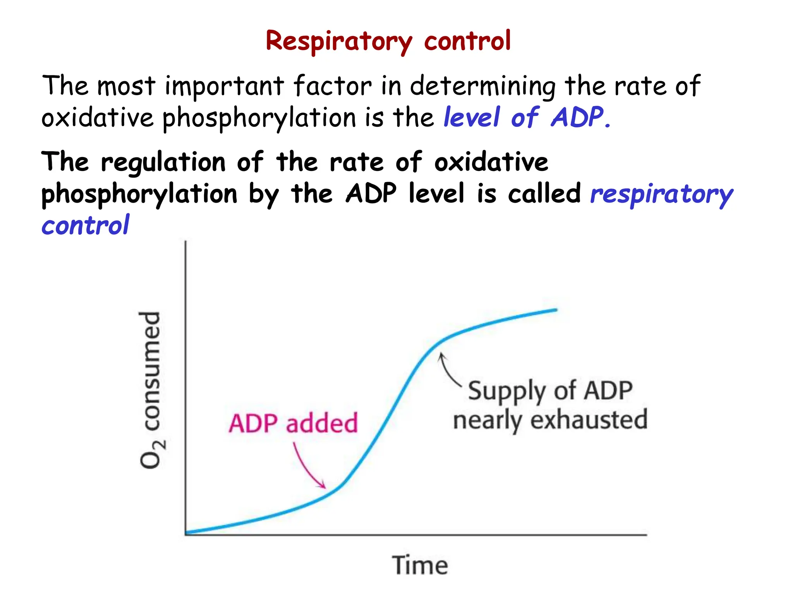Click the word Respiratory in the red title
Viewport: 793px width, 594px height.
[339, 41]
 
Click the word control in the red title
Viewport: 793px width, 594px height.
[467, 41]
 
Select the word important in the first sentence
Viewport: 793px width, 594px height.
[224, 86]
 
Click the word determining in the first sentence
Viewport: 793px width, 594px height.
[482, 86]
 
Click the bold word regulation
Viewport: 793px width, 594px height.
[163, 162]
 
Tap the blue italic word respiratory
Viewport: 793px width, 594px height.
[661, 194]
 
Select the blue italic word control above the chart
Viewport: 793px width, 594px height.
[85, 225]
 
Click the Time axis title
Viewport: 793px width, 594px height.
[420, 565]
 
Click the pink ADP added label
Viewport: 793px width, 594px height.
[293, 423]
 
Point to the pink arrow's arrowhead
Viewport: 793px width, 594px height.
[324, 486]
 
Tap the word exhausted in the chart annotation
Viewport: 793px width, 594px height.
[589, 420]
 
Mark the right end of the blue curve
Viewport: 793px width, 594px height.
[556, 310]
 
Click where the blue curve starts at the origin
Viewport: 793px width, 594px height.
[187, 533]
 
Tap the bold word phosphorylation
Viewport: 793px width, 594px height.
[139, 194]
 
